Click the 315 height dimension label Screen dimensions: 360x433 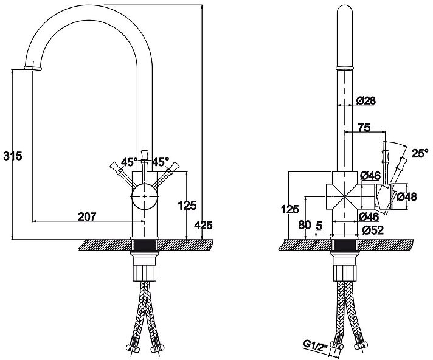coord(13,156)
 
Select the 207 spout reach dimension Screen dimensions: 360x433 coord(88,216)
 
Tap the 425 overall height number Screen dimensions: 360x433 coord(203,225)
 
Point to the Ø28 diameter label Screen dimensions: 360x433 coord(365,100)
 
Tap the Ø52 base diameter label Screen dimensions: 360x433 coord(371,230)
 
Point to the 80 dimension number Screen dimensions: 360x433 coord(305,224)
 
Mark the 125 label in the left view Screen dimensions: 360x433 coord(187,206)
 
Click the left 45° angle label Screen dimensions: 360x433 coord(128,162)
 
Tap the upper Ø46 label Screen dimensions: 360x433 coord(370,176)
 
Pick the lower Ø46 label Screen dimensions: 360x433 coord(370,216)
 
